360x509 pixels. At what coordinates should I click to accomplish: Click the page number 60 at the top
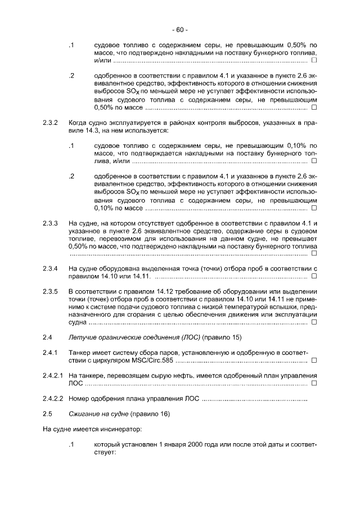point(180,29)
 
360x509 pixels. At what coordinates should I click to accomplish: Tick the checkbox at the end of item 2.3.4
point(314,276)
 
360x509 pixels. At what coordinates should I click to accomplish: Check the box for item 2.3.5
point(314,322)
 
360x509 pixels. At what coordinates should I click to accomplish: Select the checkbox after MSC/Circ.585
point(314,361)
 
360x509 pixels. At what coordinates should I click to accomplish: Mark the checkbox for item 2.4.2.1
point(314,384)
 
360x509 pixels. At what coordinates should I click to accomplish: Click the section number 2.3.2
point(51,122)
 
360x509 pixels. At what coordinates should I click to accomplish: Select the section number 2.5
point(48,413)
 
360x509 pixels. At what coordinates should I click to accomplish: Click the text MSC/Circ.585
point(150,361)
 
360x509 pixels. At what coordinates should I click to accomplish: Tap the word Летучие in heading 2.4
point(81,337)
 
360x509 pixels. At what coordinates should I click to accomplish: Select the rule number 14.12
point(160,291)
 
